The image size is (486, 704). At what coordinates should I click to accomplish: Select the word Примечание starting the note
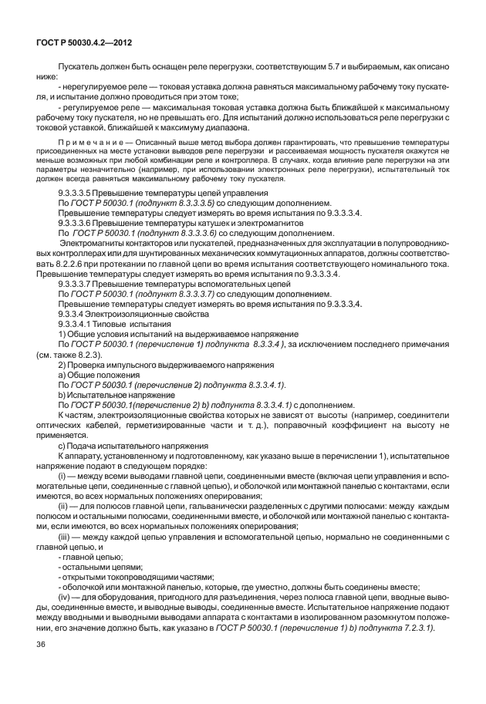click(89, 143)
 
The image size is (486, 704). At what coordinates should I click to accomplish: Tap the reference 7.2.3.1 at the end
click(418, 626)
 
